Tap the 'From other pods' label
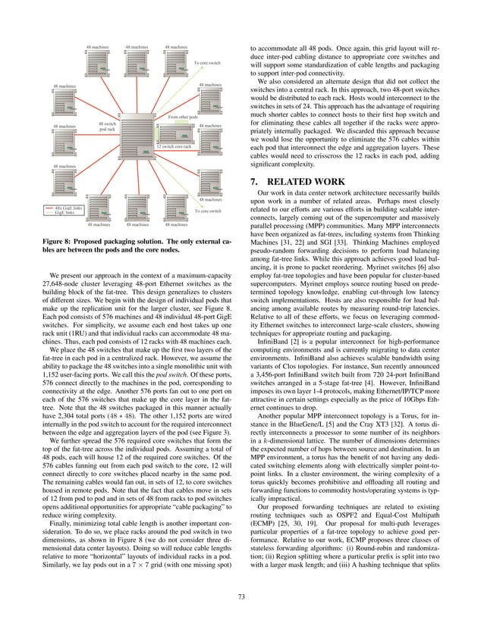(182, 117)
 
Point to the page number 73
(242, 597)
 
